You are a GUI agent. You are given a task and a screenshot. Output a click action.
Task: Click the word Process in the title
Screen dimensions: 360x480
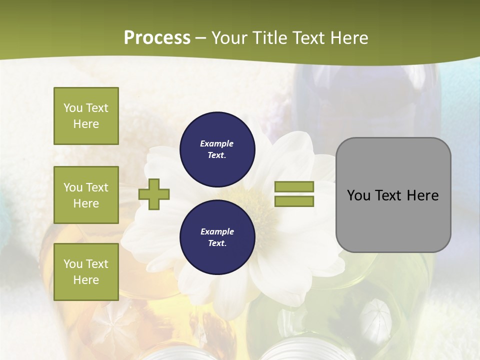click(x=157, y=38)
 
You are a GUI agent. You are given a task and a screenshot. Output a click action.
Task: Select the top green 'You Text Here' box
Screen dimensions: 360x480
click(x=86, y=116)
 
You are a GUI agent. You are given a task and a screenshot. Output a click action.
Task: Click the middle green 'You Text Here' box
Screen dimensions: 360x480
click(x=86, y=195)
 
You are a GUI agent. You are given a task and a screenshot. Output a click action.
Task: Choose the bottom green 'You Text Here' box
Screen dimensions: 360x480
click(x=86, y=271)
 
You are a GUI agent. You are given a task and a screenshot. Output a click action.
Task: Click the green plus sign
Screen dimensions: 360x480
click(x=154, y=194)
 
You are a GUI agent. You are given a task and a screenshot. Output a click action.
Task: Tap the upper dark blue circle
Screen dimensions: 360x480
click(x=217, y=149)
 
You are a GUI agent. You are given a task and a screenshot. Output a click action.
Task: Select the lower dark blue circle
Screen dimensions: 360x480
click(x=217, y=237)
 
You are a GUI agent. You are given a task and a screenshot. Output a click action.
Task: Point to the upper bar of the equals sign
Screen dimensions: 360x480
click(x=294, y=186)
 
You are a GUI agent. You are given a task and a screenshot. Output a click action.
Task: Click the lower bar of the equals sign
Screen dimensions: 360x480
click(x=294, y=201)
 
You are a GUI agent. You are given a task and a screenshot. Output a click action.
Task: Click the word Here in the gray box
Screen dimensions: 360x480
click(x=422, y=195)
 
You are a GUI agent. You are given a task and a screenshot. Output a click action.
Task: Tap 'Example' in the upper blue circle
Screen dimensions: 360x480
click(x=217, y=144)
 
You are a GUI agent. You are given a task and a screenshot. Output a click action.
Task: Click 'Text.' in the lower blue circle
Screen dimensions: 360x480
click(x=217, y=243)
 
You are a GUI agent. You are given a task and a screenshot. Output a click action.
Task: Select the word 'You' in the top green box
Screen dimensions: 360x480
click(x=72, y=108)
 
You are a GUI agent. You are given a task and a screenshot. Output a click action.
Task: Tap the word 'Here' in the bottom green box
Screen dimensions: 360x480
click(x=86, y=280)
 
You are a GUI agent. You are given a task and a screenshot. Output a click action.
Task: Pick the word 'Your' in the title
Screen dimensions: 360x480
click(x=229, y=38)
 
